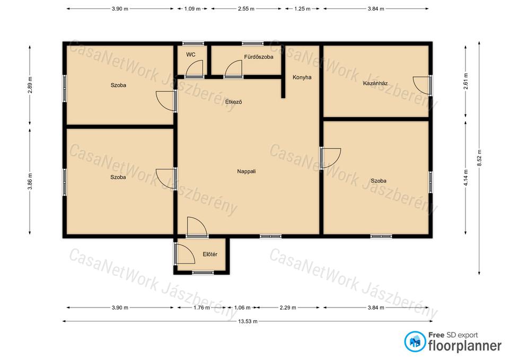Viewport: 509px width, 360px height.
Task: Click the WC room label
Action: coord(191,55)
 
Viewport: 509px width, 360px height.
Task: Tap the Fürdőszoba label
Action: coord(259,57)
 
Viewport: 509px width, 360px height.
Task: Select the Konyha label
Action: coord(302,77)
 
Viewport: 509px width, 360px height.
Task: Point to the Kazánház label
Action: coord(375,83)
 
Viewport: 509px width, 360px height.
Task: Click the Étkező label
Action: coord(233,102)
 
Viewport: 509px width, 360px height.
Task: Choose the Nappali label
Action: coord(247,171)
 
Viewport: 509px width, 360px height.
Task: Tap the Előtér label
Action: coord(210,254)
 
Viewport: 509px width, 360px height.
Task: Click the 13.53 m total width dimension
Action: coord(248,321)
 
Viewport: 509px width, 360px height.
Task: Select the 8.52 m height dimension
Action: coord(479,158)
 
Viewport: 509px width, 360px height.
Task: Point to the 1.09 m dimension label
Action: coord(192,9)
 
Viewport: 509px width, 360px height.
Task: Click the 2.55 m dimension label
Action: coord(246,9)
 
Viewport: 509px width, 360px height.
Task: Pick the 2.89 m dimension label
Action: coord(30,85)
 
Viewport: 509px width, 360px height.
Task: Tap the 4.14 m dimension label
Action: coord(466,178)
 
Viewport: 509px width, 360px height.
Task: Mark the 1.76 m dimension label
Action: coord(201,308)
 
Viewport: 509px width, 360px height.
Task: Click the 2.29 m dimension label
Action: coord(288,308)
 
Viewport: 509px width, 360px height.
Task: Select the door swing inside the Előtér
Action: coord(186,254)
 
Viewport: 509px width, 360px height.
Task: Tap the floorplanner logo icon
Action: coord(415,341)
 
